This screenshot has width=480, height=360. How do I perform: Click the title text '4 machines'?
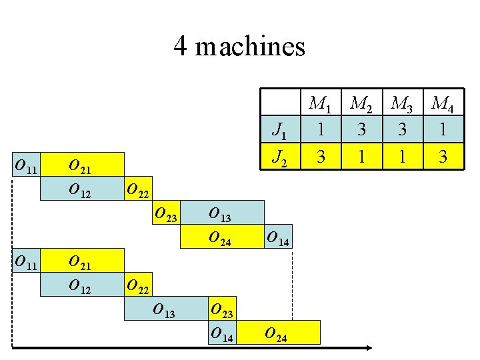tap(239, 47)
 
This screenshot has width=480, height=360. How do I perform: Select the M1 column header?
tap(320, 104)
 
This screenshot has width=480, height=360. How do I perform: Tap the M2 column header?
tap(361, 104)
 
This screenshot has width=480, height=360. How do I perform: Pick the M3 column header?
tap(401, 104)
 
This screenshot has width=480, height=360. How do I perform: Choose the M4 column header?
tap(442, 104)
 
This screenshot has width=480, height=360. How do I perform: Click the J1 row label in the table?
tap(281, 129)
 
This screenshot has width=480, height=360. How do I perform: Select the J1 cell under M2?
tap(361, 129)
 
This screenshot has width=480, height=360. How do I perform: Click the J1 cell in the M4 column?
tap(442, 129)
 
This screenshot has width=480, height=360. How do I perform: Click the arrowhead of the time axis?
tap(369, 348)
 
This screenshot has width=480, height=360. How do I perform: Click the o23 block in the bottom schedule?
tap(222, 309)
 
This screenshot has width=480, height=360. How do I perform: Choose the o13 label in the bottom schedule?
tap(165, 309)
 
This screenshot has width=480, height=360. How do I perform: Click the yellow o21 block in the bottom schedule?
tap(82, 261)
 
